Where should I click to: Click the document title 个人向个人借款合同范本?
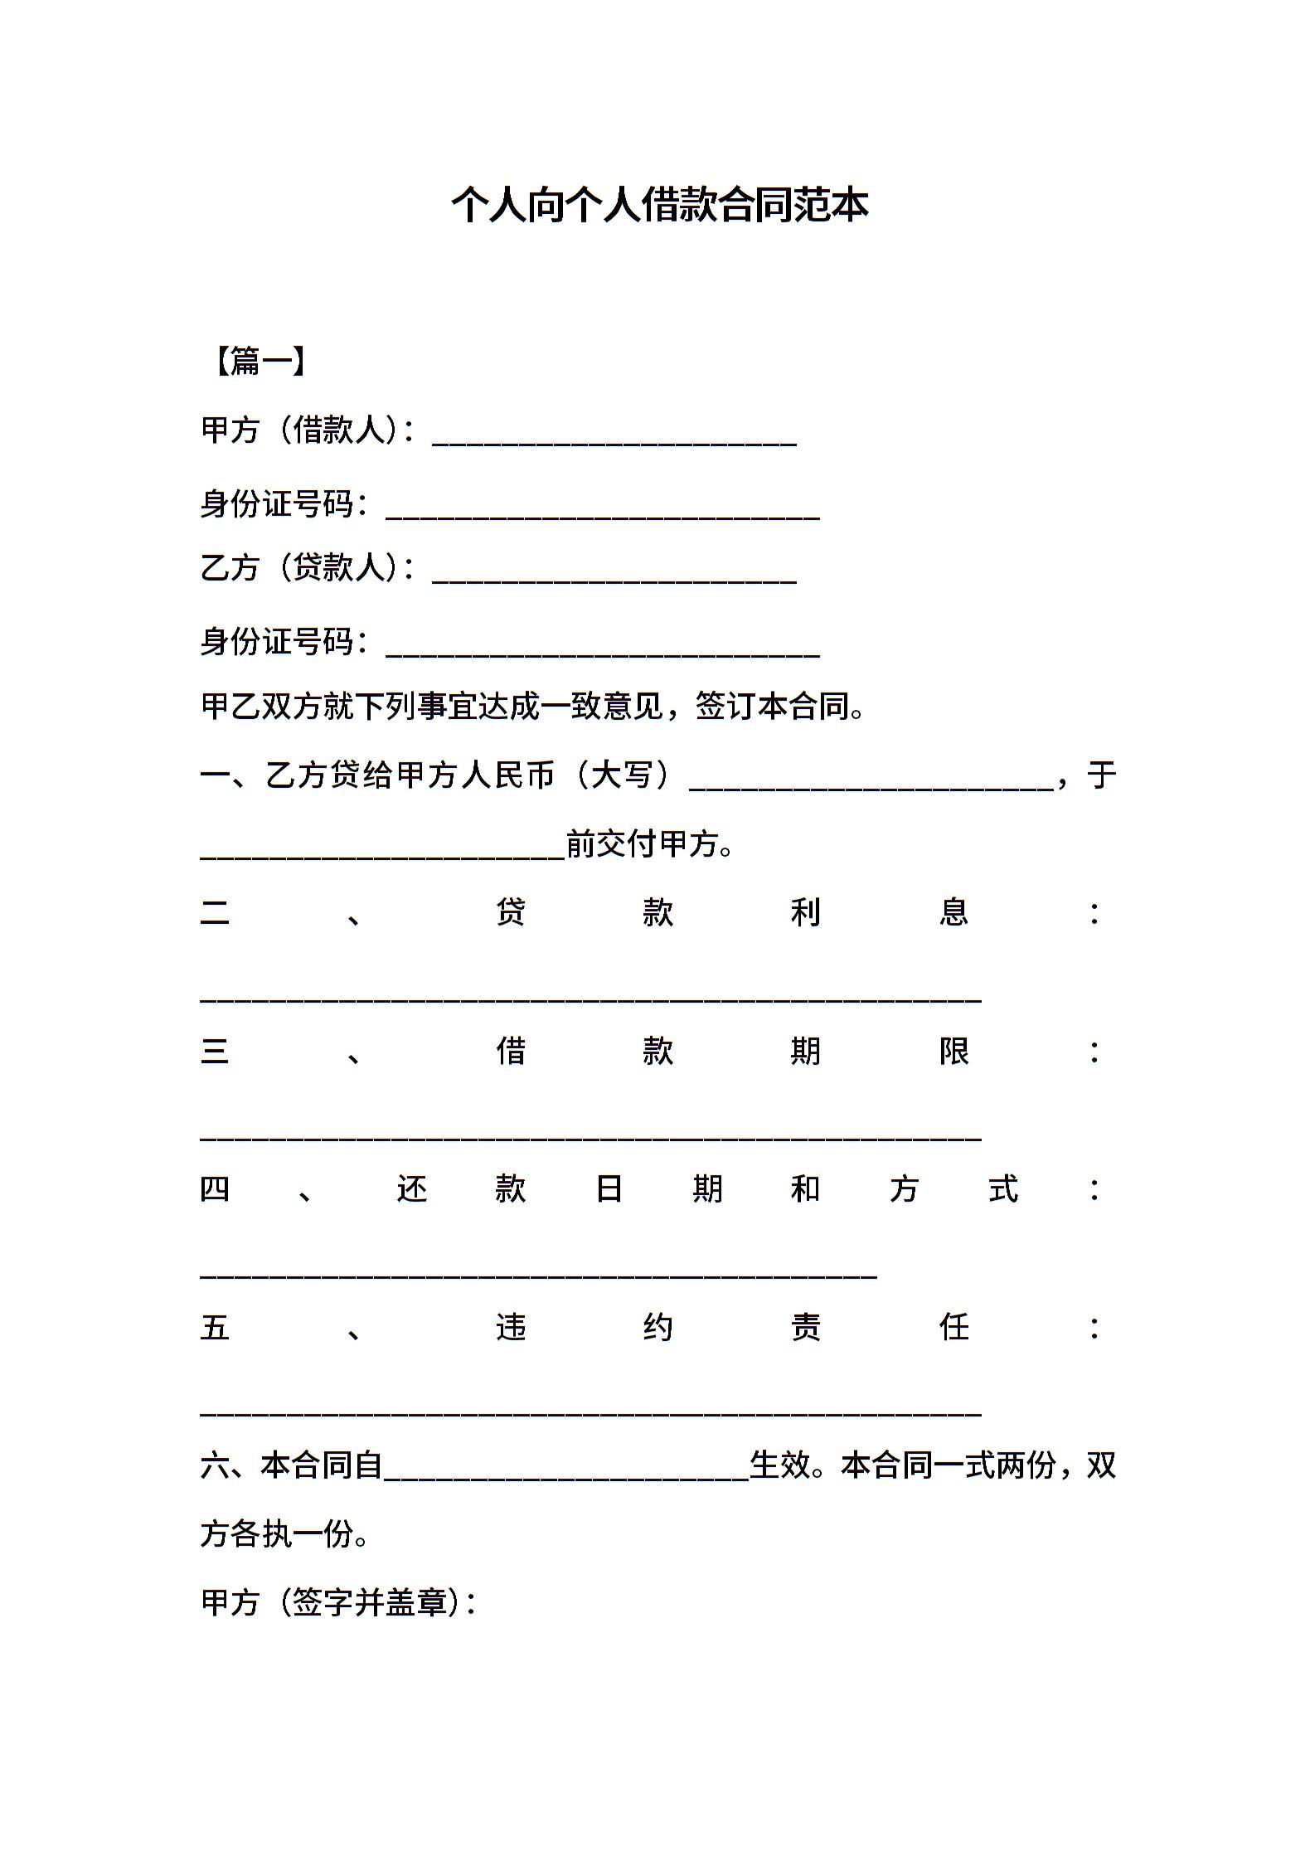pos(659,206)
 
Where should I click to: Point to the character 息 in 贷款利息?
pos(953,913)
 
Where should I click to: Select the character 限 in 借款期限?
pos(953,1052)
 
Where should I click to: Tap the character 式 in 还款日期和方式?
pos(1002,1189)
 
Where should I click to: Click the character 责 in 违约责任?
pos(805,1328)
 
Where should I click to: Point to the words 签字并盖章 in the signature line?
pos(369,1603)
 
